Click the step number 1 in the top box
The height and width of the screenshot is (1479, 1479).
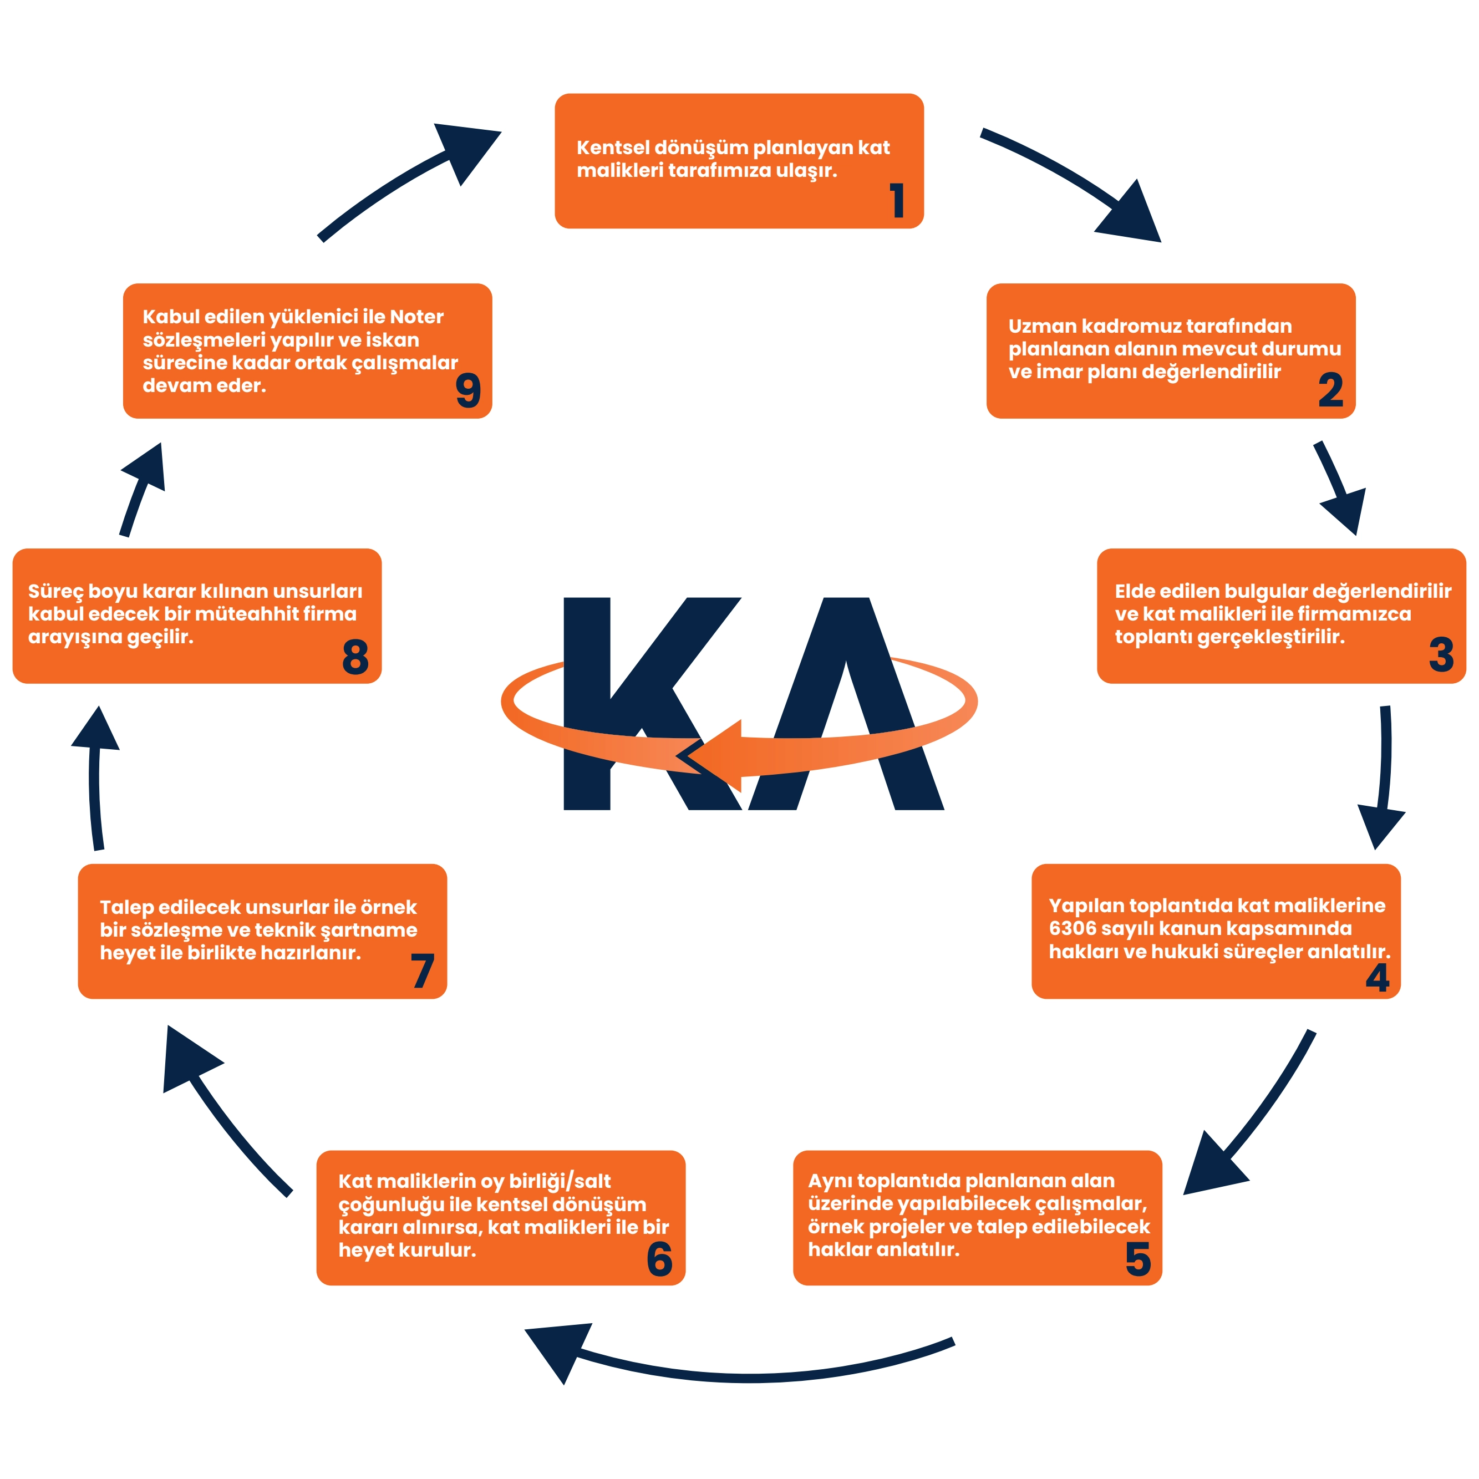click(897, 201)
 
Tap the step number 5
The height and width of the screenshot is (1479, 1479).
click(1137, 1259)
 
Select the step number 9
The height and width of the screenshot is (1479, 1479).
click(467, 390)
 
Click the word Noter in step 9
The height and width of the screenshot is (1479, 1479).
click(416, 317)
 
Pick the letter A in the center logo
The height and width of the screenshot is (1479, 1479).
click(846, 689)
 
